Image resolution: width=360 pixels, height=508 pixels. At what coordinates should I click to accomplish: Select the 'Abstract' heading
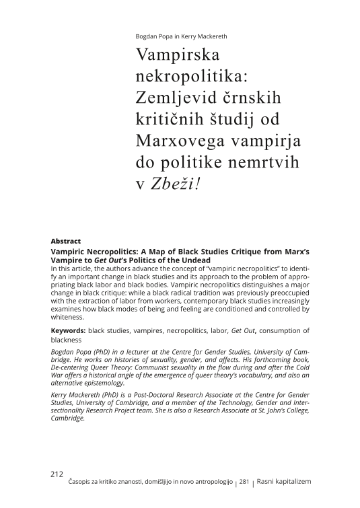tap(66, 241)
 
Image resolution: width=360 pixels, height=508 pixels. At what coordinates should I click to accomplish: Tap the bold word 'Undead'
tap(192, 260)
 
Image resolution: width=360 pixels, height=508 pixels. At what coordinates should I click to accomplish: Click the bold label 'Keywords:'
tap(69, 330)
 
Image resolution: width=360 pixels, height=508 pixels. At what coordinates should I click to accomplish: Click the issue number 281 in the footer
tap(244, 482)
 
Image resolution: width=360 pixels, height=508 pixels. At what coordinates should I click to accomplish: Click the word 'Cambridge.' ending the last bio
tap(68, 418)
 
